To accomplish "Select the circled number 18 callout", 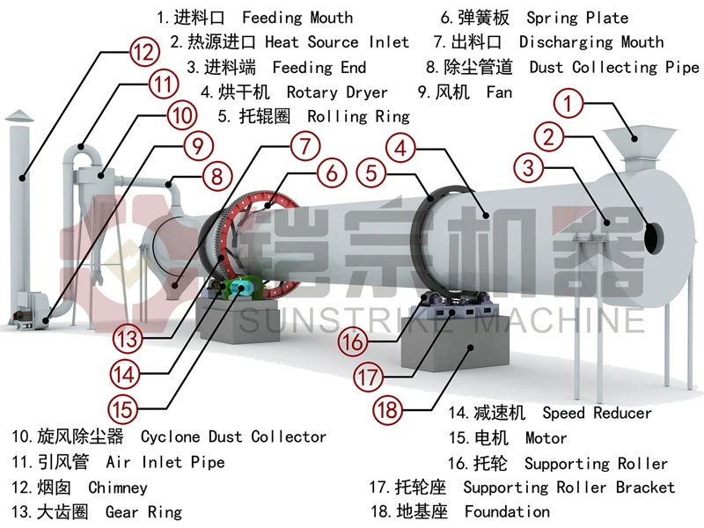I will point(388,407).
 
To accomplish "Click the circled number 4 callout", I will point(400,147).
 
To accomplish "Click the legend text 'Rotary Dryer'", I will point(337,92).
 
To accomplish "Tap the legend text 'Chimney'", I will point(118,487).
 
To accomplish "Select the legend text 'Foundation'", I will point(507,511).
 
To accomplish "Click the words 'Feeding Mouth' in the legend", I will point(297,17).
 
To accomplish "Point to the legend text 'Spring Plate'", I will point(577,17).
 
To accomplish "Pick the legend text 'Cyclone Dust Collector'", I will point(233,436).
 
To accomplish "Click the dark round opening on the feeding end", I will point(654,237).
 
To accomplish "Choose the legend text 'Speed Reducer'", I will point(597,413).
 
